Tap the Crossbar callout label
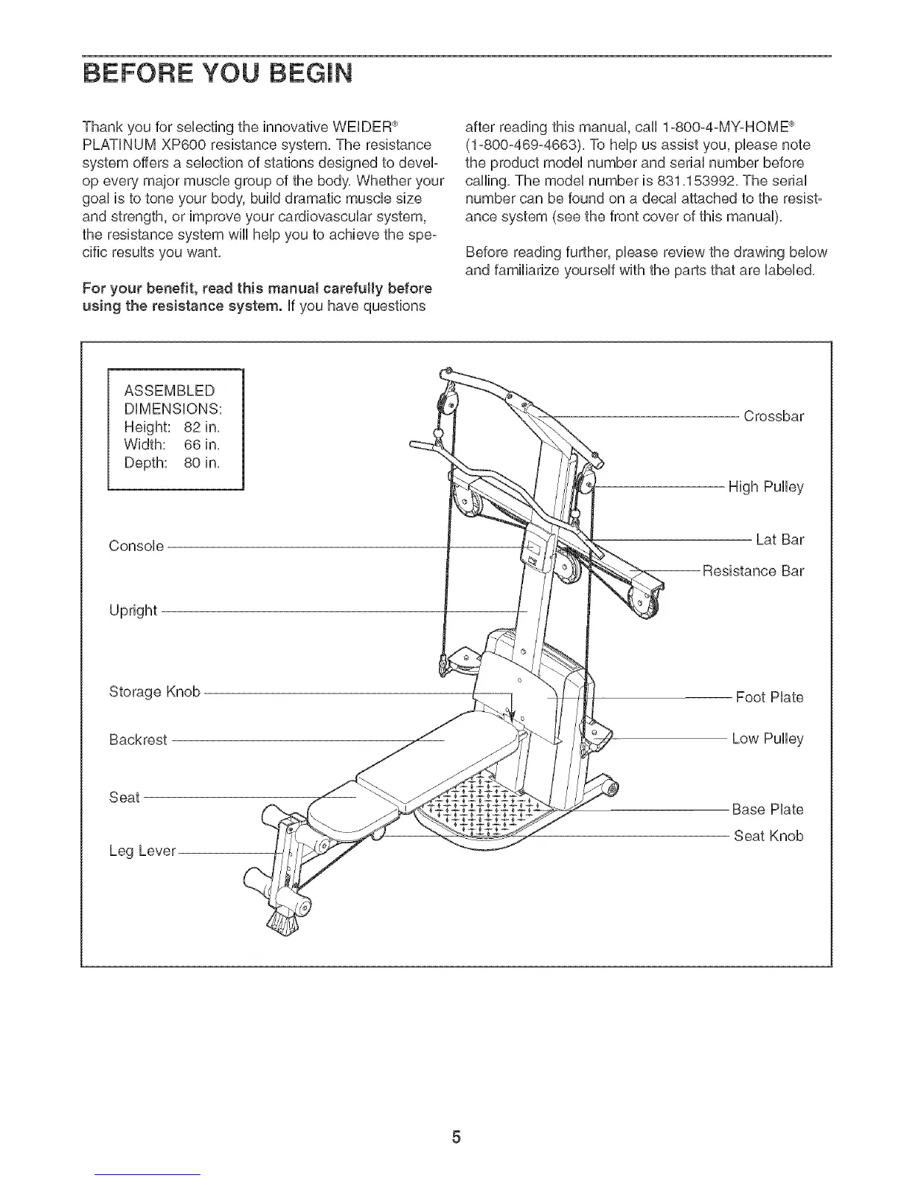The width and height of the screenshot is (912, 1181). click(773, 416)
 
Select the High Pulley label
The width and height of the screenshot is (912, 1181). click(765, 487)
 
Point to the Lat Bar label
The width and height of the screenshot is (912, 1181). click(779, 539)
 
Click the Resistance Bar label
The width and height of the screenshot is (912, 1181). click(753, 571)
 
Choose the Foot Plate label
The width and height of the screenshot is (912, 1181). click(769, 697)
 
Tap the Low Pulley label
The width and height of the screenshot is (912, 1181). click(767, 739)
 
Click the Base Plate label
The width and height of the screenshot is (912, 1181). click(767, 809)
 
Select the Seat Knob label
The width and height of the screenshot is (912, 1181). click(768, 836)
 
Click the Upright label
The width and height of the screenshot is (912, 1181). click(133, 611)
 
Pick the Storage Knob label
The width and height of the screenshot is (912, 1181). click(154, 691)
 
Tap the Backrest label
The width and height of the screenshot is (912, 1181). click(138, 740)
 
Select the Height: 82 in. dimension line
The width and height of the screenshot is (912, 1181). click(173, 428)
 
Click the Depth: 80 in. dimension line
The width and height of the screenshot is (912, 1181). click(173, 462)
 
